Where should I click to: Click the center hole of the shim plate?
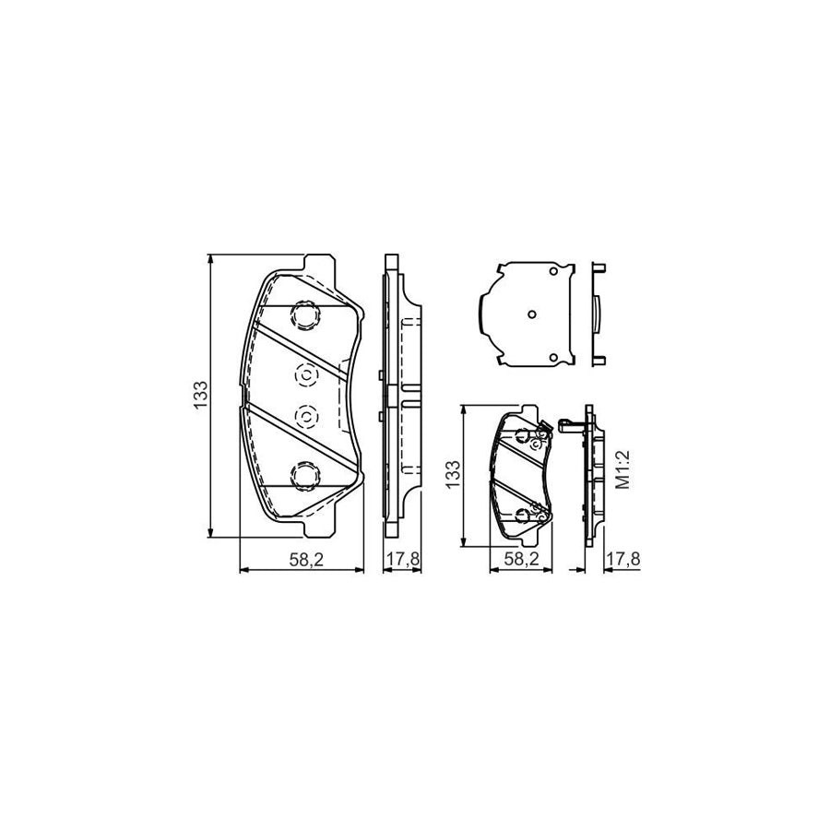point(530,314)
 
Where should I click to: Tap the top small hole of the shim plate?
point(551,271)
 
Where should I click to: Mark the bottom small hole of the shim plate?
point(551,357)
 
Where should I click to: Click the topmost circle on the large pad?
point(303,316)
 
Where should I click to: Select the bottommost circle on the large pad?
point(303,475)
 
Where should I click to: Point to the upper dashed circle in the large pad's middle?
point(304,374)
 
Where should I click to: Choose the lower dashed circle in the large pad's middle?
point(304,417)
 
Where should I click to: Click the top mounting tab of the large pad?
point(318,263)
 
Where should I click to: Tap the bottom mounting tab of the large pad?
point(318,528)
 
